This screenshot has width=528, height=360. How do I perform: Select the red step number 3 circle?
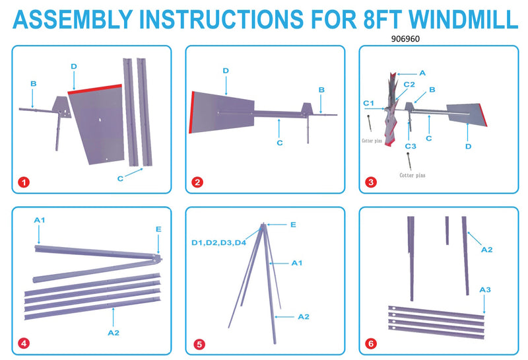370,182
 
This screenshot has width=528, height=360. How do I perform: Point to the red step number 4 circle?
24,343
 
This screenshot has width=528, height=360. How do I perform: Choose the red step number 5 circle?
197,343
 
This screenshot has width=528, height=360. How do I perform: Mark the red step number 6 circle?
370,343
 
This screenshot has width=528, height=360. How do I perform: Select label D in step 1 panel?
73,66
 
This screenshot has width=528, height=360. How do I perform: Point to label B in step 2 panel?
321,90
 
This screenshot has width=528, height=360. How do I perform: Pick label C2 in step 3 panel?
409,85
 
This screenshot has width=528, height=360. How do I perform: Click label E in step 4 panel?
158,229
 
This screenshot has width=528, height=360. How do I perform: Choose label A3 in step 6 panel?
485,289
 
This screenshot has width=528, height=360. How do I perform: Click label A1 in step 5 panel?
296,263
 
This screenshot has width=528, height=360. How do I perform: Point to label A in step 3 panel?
422,72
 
